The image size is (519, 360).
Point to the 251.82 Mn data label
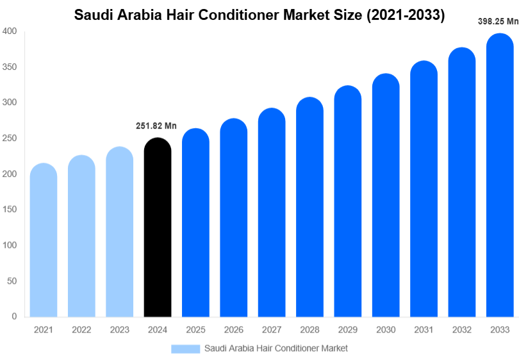(x=156, y=126)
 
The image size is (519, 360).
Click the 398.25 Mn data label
(x=498, y=21)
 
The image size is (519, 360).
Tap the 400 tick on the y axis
(x=10, y=31)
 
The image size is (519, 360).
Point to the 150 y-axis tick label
(x=10, y=209)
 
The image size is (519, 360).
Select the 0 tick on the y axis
(x=14, y=316)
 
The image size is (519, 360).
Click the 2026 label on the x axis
(x=233, y=330)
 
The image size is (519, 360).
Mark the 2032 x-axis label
(x=461, y=330)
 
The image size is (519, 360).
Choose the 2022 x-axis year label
(x=81, y=330)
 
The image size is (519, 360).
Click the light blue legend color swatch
(x=186, y=348)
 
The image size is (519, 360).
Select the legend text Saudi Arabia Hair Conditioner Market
(x=276, y=348)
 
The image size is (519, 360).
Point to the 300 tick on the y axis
(x=10, y=102)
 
